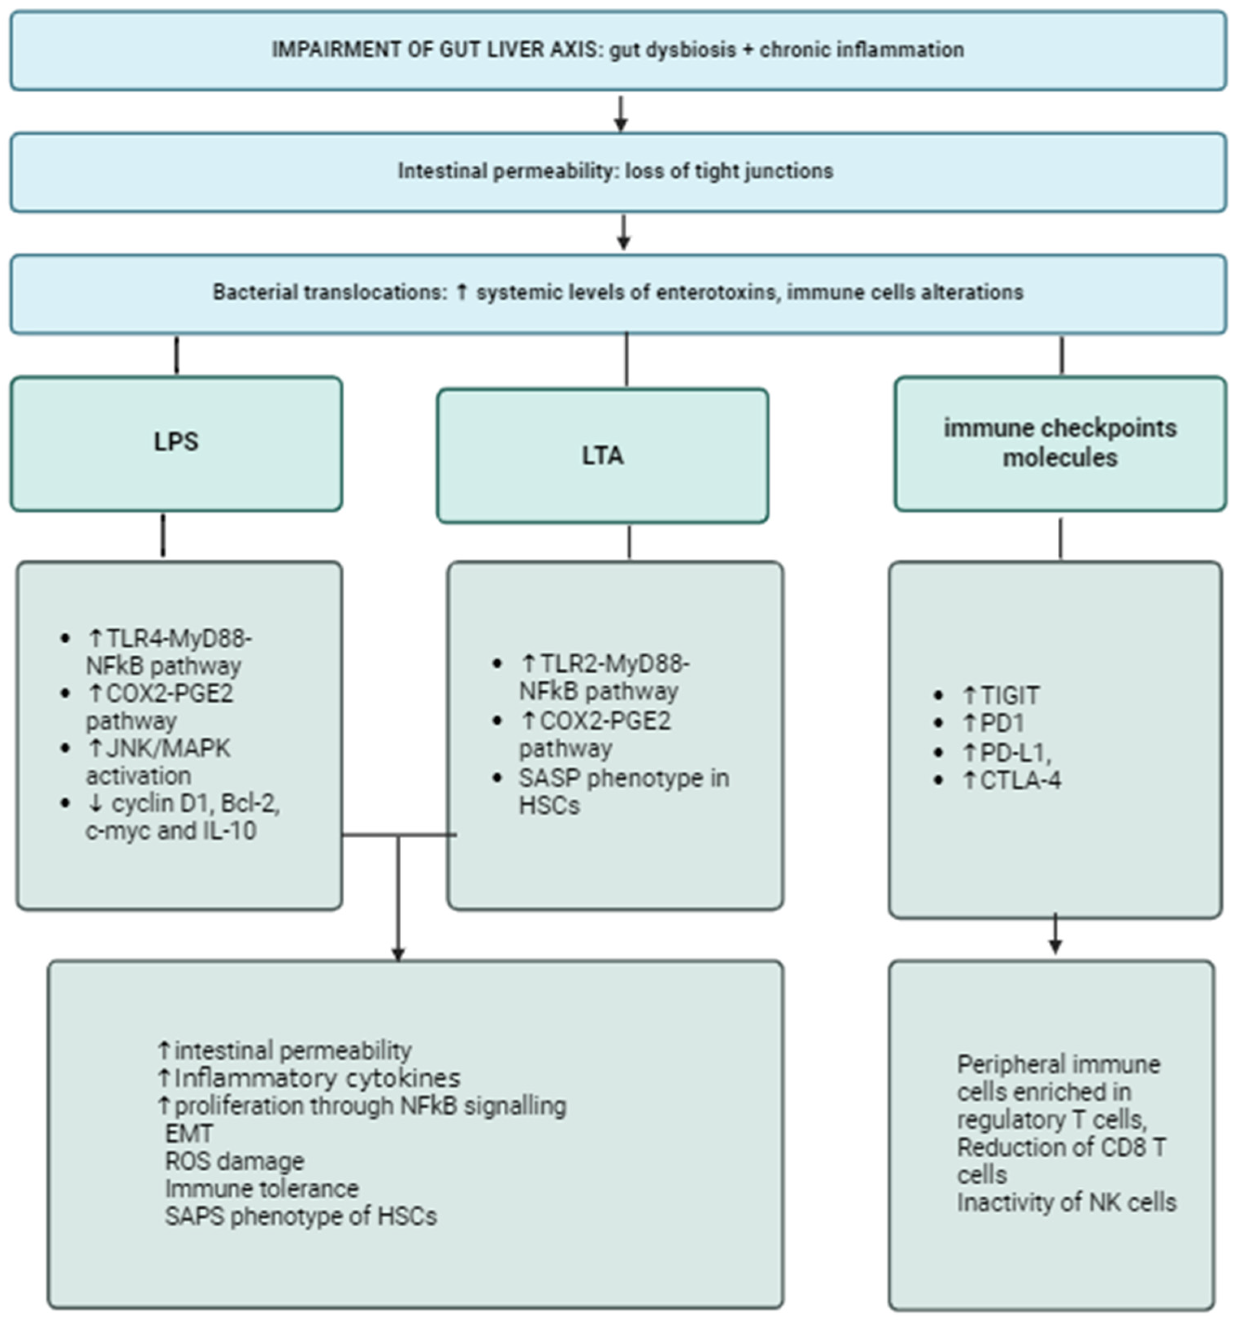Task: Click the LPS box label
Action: click(176, 441)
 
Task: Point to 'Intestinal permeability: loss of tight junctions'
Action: click(615, 171)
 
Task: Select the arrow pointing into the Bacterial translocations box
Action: click(623, 233)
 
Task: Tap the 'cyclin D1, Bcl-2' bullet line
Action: click(183, 804)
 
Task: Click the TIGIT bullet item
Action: click(1009, 695)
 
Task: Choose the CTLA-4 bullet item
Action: click(1020, 780)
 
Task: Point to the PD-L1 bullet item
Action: click(1015, 753)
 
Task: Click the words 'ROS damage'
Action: click(234, 1161)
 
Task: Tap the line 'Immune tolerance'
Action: click(262, 1189)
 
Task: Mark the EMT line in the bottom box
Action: click(189, 1134)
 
